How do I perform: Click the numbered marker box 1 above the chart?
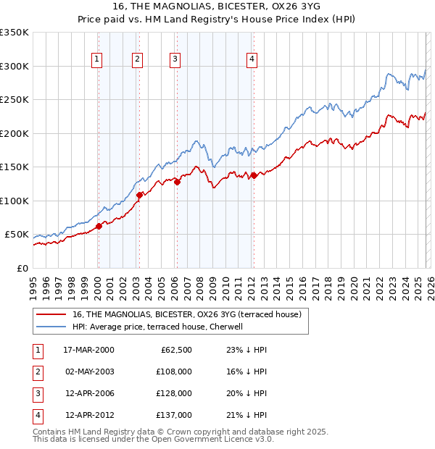(97, 60)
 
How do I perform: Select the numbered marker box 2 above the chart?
(138, 60)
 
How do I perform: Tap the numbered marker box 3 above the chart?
(175, 60)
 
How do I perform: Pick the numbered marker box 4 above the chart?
(252, 60)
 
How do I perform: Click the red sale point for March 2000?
(99, 226)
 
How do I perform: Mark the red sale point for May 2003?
(139, 195)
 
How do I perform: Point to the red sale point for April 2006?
(177, 182)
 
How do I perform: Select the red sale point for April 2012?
(254, 175)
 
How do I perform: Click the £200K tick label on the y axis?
(15, 133)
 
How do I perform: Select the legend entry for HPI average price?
(157, 327)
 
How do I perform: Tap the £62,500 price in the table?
(175, 350)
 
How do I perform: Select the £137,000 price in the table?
(175, 415)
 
